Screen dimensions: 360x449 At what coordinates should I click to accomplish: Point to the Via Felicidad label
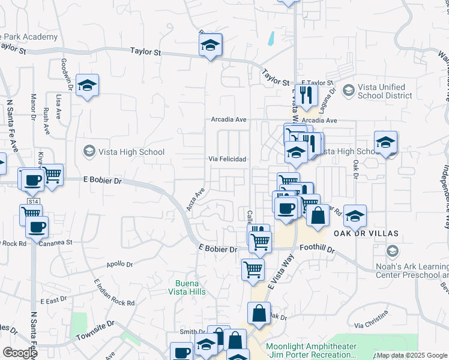[x=227, y=159]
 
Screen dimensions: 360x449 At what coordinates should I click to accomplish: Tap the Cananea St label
[x=55, y=243]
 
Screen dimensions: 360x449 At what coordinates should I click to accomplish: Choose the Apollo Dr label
[x=119, y=263]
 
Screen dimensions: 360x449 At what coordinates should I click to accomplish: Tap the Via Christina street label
[x=371, y=325]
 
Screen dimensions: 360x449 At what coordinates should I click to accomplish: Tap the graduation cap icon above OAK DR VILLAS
[x=355, y=215]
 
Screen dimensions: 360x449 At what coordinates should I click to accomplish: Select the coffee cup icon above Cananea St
[x=38, y=228]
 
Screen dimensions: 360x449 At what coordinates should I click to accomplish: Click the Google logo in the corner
[x=20, y=353]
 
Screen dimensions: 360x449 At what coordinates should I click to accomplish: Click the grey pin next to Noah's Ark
[x=393, y=250]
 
